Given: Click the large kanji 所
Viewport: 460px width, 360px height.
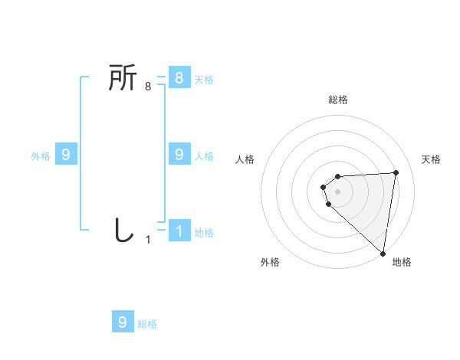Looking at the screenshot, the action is point(123,78).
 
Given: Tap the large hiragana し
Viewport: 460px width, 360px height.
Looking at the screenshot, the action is point(123,230).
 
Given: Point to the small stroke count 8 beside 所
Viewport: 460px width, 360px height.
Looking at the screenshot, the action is point(148,87).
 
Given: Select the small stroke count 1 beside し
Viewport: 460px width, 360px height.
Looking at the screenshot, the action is point(148,240).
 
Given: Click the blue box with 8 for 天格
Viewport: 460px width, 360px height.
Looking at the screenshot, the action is point(179,78).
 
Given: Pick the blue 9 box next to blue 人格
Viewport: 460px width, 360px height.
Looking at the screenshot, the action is point(179,155).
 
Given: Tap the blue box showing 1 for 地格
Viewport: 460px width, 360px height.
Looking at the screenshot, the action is point(179,231).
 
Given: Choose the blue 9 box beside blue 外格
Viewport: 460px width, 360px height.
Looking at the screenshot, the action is point(66,155).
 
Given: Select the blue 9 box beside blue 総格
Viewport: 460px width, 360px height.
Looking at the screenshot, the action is point(123,322).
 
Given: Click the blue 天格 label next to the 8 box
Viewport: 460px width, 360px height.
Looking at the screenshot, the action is point(204,79).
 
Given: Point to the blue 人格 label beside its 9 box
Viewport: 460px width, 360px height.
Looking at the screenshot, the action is point(204,155).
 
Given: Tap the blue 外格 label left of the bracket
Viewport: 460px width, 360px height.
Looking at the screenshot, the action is point(41,155).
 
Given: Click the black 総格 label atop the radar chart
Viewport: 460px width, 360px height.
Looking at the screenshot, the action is point(338,100).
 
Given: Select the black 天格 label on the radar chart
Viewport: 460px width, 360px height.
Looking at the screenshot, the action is point(431,159).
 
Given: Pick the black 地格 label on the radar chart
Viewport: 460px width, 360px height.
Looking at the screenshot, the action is point(402,262).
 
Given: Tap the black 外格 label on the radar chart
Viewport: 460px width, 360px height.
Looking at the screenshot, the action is point(270,262).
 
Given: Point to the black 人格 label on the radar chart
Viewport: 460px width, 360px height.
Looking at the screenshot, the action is point(245,159).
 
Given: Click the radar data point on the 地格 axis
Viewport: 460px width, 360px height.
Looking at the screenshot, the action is point(383,253).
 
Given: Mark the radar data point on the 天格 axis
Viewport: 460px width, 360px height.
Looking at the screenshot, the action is point(396,172).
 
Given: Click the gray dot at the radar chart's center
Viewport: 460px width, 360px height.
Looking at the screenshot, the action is point(338,191).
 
